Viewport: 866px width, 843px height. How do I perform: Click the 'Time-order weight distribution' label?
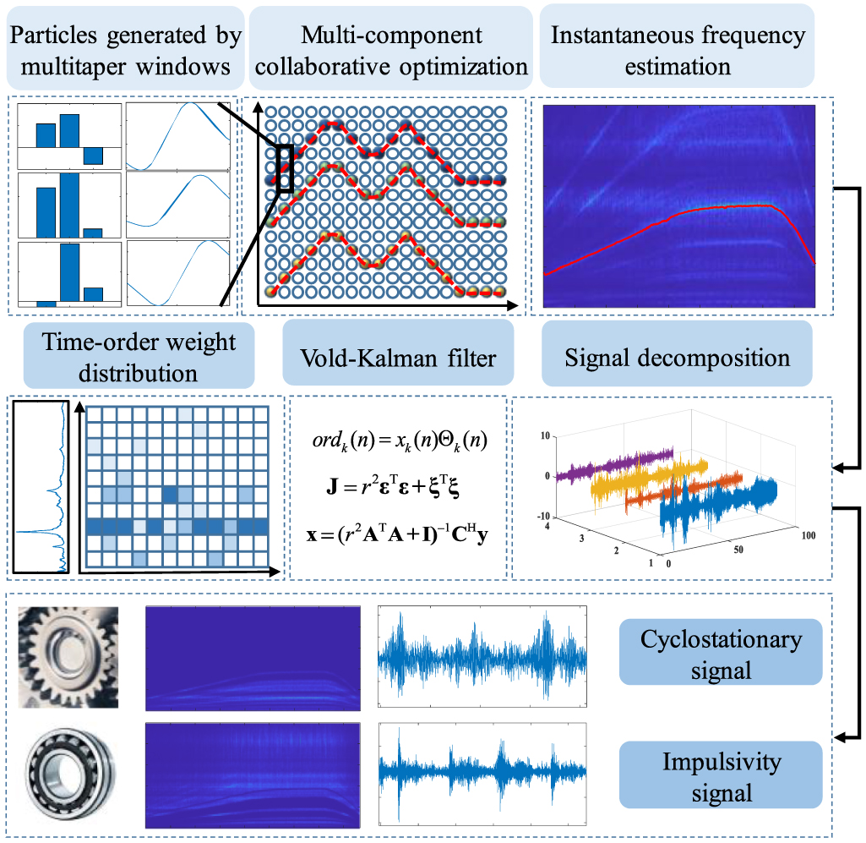[141, 357]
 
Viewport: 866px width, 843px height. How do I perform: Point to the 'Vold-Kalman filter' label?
[398, 357]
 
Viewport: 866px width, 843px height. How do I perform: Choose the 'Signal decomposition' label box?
[677, 357]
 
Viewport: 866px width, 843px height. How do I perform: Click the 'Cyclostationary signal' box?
[721, 653]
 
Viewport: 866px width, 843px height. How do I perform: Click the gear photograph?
[68, 655]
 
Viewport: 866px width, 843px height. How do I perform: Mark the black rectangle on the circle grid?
[284, 167]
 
